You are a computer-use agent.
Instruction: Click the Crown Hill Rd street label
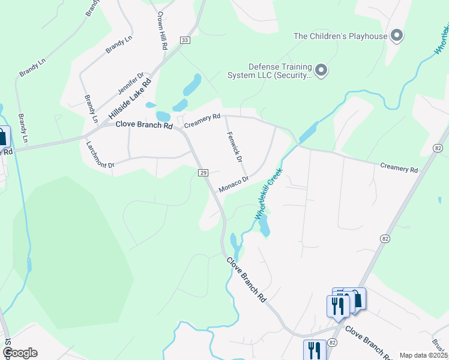tap(161, 30)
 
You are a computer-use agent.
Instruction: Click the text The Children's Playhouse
tap(340, 36)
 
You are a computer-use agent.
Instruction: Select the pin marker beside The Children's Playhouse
tap(396, 36)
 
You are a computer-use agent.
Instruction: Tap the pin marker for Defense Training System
tap(321, 71)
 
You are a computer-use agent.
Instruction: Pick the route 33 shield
tap(184, 40)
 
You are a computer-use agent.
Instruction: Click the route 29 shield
tap(203, 173)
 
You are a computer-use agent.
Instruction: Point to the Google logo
tap(20, 353)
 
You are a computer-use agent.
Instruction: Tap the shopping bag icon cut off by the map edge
tap(3, 137)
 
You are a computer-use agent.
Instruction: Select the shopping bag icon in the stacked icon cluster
tap(356, 299)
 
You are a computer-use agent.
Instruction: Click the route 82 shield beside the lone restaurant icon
tap(333, 341)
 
